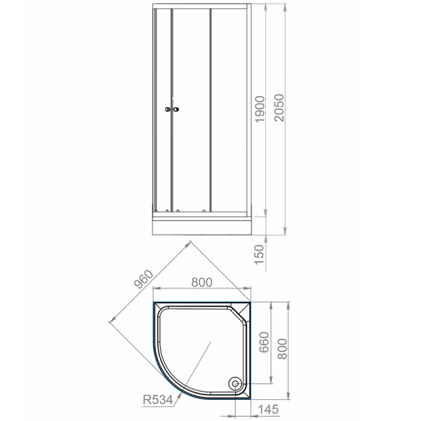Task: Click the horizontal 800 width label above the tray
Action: point(201,284)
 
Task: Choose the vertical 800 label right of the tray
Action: point(283,345)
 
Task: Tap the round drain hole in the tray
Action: point(234,383)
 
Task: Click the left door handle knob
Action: point(167,109)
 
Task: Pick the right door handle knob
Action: point(178,109)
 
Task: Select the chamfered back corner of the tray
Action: point(246,309)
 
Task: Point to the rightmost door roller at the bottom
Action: point(204,210)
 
